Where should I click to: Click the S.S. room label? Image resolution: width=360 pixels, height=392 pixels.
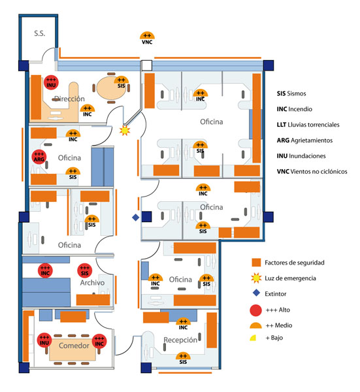click(x=40, y=33)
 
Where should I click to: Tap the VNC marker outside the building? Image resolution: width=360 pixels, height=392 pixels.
click(x=147, y=39)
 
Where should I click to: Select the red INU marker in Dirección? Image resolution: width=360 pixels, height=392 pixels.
click(x=51, y=82)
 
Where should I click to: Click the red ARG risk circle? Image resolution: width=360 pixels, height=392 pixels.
click(x=39, y=157)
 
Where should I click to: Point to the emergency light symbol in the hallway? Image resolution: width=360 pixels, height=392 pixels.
click(x=125, y=130)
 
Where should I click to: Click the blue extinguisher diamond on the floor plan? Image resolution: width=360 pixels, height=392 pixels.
click(x=135, y=218)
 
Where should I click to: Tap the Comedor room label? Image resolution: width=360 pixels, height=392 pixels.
click(x=74, y=346)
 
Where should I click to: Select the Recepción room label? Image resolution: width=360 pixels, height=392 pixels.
click(x=180, y=340)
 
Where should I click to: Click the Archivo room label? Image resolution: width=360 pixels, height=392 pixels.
click(x=92, y=282)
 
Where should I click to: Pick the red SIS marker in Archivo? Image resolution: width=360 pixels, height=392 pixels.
click(x=85, y=270)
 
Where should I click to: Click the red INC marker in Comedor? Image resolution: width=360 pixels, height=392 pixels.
click(x=99, y=341)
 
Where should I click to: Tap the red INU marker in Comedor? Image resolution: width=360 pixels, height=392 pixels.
click(x=44, y=340)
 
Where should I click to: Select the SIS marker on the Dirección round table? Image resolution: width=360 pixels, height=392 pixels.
click(x=122, y=82)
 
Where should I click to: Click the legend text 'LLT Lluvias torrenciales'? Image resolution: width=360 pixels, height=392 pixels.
click(x=308, y=125)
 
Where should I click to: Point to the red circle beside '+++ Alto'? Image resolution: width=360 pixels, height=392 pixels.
click(x=255, y=310)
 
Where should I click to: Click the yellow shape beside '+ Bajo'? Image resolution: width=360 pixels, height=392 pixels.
click(x=254, y=338)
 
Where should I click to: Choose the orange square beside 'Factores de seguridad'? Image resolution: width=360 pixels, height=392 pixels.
click(x=256, y=263)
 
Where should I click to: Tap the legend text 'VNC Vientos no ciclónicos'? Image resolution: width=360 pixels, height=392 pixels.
click(x=312, y=171)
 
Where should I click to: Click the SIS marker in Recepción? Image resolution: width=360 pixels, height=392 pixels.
click(x=183, y=359)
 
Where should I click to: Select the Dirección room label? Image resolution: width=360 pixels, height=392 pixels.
click(x=69, y=99)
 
